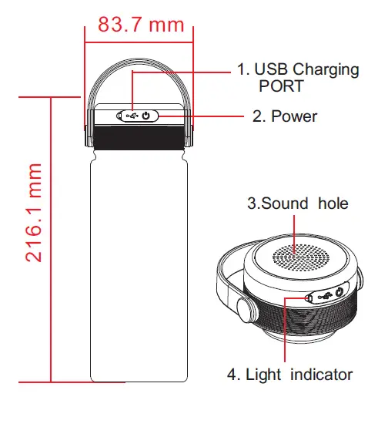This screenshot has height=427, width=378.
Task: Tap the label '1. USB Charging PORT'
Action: [297, 77]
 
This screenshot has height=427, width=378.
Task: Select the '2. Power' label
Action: [285, 116]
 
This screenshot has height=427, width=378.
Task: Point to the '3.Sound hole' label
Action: [297, 203]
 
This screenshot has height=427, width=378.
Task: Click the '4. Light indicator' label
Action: [289, 375]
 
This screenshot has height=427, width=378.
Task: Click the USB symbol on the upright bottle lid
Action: [132, 116]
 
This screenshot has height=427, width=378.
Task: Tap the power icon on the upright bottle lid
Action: [148, 116]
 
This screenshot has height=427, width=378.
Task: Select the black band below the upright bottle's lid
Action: [138, 138]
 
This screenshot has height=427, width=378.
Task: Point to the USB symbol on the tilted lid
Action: [322, 296]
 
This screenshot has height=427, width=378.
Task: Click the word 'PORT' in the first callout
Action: [282, 86]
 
